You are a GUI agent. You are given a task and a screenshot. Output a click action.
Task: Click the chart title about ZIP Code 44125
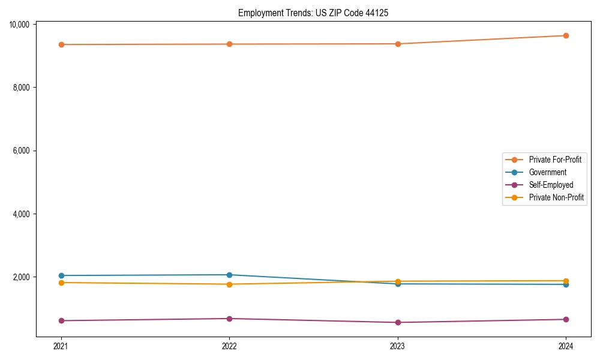click(313, 13)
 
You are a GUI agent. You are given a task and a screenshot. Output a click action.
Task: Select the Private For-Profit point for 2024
click(566, 35)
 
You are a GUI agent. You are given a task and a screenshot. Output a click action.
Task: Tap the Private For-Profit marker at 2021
click(61, 44)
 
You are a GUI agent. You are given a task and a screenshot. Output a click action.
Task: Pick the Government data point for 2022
click(229, 275)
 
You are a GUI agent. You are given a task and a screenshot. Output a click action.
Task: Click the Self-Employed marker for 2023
click(398, 322)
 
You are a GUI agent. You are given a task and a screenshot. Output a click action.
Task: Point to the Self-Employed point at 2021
click(61, 320)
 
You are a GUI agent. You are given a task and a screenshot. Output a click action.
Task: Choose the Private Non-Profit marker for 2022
click(229, 284)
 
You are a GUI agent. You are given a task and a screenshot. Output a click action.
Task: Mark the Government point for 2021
click(61, 275)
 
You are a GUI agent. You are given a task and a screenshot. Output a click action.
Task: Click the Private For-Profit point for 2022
click(229, 44)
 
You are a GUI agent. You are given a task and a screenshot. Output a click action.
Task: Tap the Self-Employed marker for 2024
click(566, 319)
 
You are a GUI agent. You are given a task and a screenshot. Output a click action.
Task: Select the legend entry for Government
click(547, 172)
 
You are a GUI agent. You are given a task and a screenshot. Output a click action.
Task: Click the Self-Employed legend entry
click(551, 185)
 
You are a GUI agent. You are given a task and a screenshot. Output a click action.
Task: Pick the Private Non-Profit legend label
click(556, 197)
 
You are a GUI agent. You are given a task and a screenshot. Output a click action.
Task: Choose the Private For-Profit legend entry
click(555, 160)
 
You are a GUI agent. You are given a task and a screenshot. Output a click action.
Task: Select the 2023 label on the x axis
click(398, 346)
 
